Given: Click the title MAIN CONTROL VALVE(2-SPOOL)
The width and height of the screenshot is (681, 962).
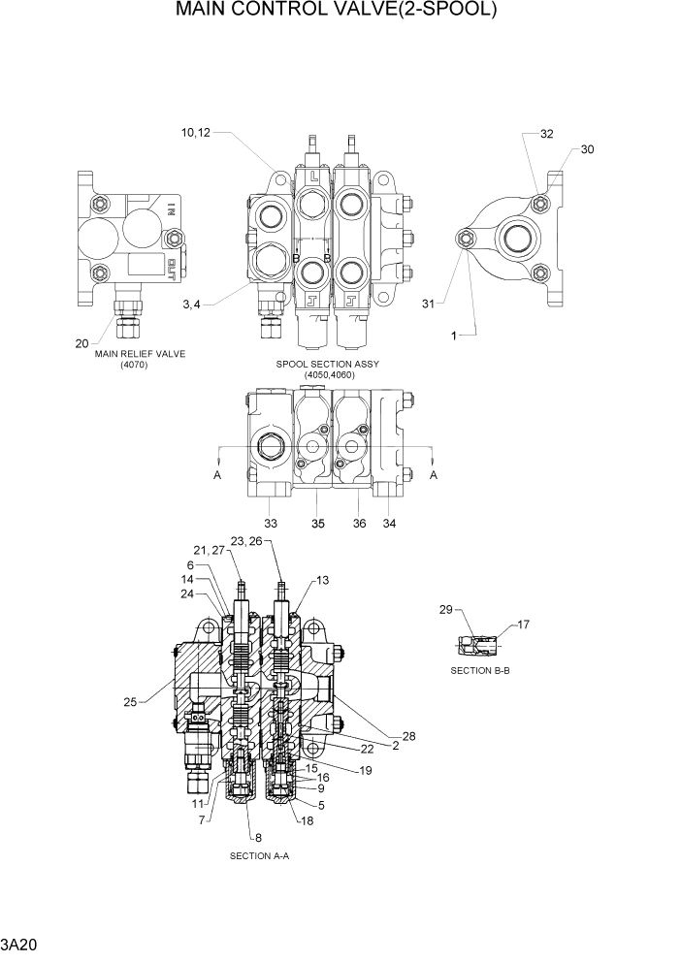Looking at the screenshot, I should pos(337,12).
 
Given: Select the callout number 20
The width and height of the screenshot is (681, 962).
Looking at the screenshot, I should pos(83,342).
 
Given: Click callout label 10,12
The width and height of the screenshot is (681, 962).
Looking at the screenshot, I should pos(194,133).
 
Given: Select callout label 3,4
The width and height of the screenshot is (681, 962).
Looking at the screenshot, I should pos(192,305).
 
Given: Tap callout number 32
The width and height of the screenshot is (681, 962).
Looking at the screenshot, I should pos(547,134).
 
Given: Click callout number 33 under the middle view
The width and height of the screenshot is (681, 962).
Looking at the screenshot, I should pos(271,523).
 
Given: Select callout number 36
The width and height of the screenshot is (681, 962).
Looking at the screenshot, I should pos(359,523).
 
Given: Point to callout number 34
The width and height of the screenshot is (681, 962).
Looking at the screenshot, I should pos(389,523).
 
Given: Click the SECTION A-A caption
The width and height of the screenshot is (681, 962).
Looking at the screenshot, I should pos(259,856).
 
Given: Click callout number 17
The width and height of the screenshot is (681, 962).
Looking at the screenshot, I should pos(523,624).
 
